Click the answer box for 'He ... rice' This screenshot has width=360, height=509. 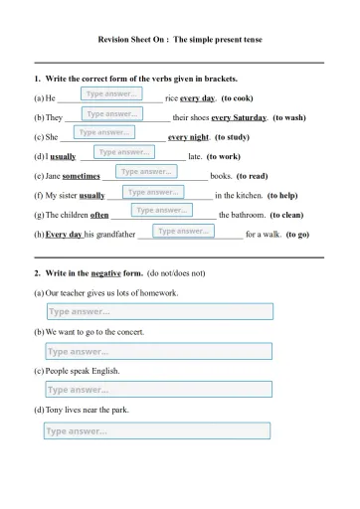112,93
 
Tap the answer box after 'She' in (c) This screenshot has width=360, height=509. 104,131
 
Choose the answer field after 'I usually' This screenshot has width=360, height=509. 124,152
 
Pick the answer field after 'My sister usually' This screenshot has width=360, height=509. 153,191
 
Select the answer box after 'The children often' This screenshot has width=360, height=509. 161,210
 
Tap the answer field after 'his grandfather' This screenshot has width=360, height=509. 183,231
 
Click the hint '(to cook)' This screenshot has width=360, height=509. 242,98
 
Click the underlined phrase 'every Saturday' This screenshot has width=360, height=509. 238,117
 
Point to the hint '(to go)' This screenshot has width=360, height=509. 297,235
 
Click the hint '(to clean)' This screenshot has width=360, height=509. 293,215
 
